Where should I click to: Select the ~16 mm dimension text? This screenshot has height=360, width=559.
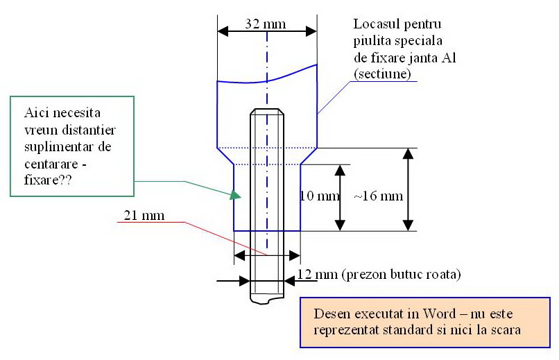pyautogui.click(x=378, y=196)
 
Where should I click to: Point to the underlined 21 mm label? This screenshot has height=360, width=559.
pyautogui.click(x=144, y=215)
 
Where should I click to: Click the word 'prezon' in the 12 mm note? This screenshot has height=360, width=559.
pyautogui.click(x=363, y=275)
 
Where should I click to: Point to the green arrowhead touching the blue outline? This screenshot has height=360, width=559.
pyautogui.click(x=232, y=196)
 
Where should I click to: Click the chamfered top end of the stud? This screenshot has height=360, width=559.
pyautogui.click(x=267, y=112)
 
